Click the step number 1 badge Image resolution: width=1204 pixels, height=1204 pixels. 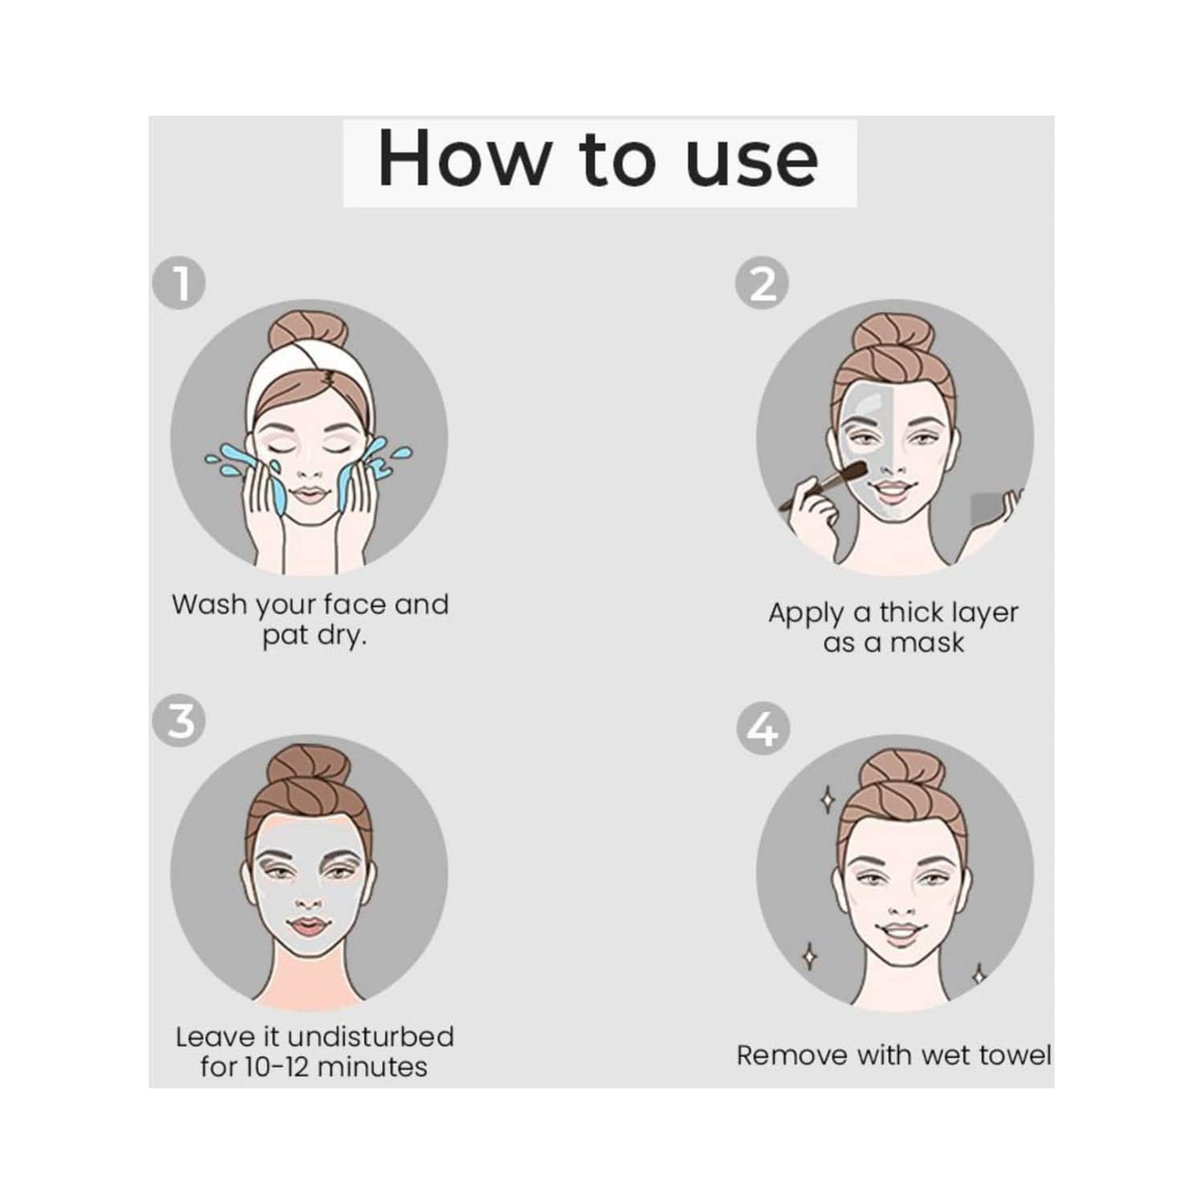tap(179, 283)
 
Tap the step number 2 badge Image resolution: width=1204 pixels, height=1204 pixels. tap(762, 283)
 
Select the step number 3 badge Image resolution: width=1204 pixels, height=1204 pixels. tap(179, 720)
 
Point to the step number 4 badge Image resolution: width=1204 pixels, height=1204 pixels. tap(762, 730)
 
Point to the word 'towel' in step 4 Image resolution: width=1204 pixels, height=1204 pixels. tap(1015, 1056)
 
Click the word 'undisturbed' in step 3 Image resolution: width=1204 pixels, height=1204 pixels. tap(370, 1037)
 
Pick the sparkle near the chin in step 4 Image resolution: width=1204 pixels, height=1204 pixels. tap(980, 973)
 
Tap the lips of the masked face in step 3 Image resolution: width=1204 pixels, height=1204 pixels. tap(307, 927)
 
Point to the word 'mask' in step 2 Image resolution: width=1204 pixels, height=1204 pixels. tap(927, 643)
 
